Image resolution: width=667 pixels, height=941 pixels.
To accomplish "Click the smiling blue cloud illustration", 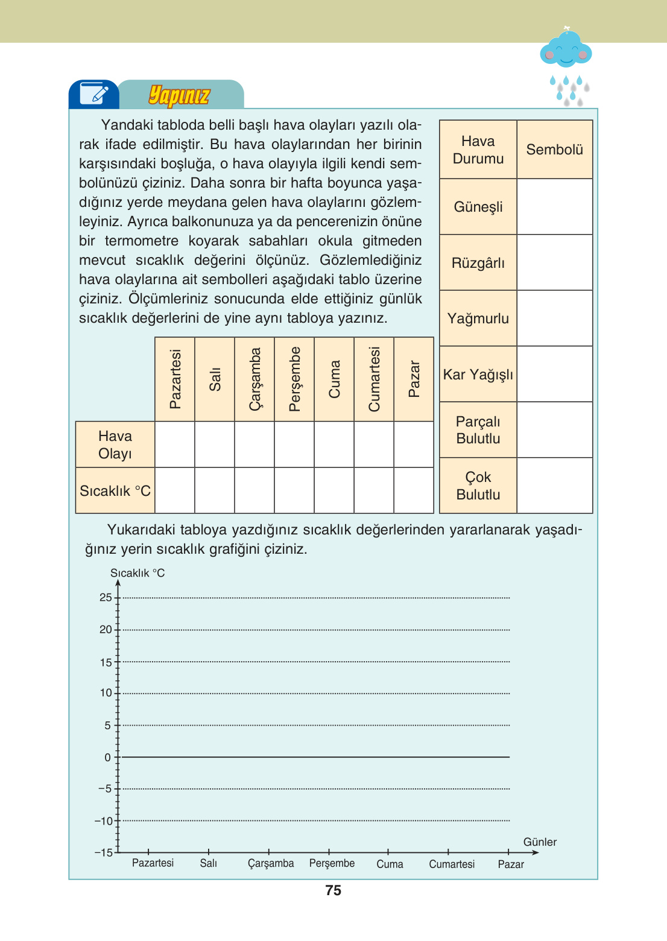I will click(566, 49).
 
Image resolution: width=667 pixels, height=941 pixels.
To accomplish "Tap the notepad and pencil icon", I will click(93, 94).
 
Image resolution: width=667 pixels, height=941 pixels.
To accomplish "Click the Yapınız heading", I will click(179, 95).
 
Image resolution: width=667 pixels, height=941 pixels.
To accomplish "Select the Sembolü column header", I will click(554, 150).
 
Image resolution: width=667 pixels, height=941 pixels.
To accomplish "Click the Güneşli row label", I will click(478, 207).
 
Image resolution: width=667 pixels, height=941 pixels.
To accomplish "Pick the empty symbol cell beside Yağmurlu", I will click(554, 318).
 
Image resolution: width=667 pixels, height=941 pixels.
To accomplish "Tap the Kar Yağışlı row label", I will click(478, 375).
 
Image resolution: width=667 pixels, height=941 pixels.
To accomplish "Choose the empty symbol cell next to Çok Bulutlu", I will click(554, 486).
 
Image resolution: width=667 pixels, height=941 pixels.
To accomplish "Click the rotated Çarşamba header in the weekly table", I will click(254, 379).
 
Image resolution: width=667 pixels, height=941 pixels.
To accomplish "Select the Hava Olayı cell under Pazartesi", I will click(175, 445).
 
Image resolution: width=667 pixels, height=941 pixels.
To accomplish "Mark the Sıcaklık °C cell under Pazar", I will click(414, 490).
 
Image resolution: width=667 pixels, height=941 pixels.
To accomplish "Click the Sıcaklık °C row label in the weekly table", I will click(115, 491).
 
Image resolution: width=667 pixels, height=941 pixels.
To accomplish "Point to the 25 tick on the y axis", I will click(106, 598).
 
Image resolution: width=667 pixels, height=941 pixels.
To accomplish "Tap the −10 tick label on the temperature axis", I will click(104, 821).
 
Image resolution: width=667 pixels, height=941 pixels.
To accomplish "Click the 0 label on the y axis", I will click(108, 758).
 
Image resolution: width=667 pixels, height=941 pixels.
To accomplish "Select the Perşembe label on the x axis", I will click(332, 863).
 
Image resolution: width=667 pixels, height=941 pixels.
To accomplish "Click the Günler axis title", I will click(540, 842).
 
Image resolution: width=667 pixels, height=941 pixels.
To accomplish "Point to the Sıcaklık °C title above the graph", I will click(138, 573).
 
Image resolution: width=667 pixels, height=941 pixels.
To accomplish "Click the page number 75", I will click(333, 890).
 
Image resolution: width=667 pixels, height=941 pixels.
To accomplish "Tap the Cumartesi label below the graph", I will click(452, 864).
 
